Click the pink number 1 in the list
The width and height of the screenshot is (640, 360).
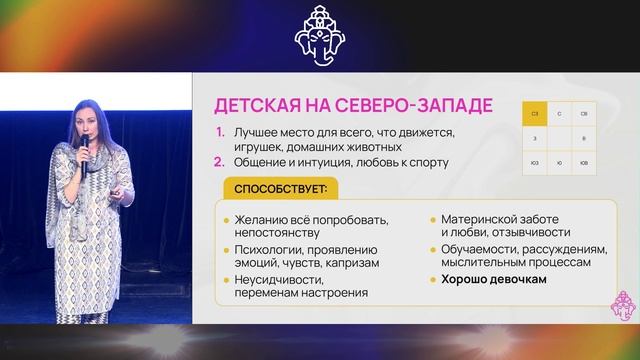220,133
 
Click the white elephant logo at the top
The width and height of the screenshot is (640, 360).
319,36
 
